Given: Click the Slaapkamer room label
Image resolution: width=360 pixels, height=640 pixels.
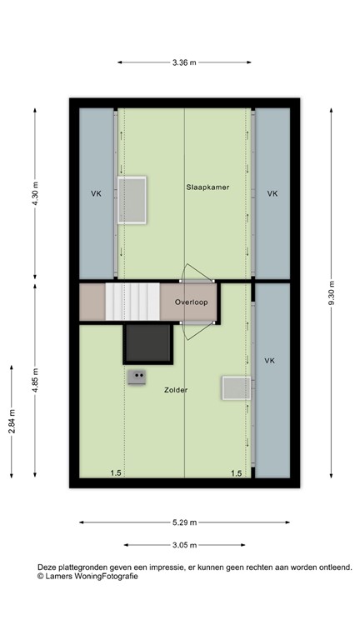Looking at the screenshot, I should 207,187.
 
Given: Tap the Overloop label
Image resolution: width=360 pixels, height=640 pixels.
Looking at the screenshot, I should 191,302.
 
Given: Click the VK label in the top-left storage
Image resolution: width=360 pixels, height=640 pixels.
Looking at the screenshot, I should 97,193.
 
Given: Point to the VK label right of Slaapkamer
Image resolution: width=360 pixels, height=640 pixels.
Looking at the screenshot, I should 272,193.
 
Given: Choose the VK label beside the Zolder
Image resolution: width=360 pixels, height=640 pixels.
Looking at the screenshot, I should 269,361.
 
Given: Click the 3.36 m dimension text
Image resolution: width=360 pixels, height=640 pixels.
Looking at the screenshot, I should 184,61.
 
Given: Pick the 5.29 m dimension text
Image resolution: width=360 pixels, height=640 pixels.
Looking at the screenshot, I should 184,522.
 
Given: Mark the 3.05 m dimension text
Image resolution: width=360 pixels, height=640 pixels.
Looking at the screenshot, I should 184,546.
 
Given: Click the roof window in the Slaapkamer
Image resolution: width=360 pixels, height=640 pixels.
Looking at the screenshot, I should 132,200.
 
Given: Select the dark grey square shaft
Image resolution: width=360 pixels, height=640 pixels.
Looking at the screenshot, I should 147,343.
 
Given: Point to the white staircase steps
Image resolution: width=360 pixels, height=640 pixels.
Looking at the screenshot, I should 132,302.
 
